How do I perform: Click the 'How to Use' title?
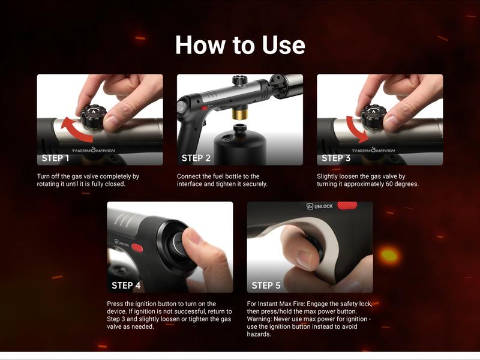tap(240, 46)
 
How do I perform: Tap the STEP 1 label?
tap(56, 158)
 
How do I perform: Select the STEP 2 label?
tap(196, 158)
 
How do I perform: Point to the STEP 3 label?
tap(336, 158)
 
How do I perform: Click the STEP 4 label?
tap(126, 286)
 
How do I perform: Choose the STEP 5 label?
tap(266, 286)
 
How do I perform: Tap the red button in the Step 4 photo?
tap(137, 247)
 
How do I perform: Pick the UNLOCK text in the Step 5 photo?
tap(323, 206)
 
